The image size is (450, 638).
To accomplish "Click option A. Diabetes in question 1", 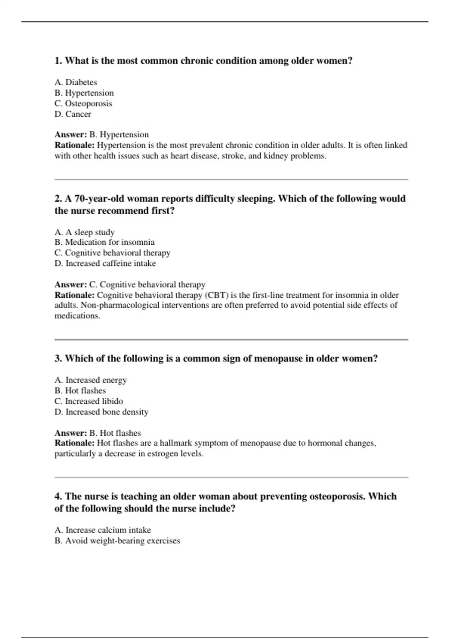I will pyautogui.click(x=76, y=82).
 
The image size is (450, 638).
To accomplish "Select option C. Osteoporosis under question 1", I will pyautogui.click(x=83, y=103).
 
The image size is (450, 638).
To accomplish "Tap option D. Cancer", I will pyautogui.click(x=73, y=114).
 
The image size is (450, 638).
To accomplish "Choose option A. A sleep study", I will pyautogui.click(x=84, y=232).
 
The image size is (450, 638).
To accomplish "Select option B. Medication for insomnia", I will pyautogui.click(x=105, y=242).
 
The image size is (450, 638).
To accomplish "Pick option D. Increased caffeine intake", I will pyautogui.click(x=105, y=263).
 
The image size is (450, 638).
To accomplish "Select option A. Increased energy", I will pyautogui.click(x=91, y=380).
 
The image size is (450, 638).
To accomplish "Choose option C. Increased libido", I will pyautogui.click(x=89, y=401).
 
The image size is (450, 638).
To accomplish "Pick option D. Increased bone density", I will pyautogui.click(x=101, y=412).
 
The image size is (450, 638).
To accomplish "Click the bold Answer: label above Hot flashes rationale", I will pyautogui.click(x=70, y=433).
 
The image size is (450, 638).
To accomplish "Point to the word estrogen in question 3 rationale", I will pyautogui.click(x=162, y=454).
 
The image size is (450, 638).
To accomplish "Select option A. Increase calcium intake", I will pyautogui.click(x=103, y=530).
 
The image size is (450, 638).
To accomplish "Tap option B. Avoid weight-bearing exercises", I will pyautogui.click(x=117, y=541).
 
